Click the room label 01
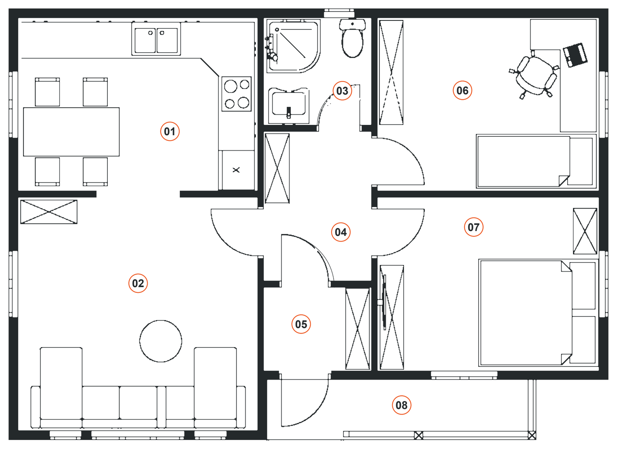pos(170,131)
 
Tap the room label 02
pos(138,283)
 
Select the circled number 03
pos(342,91)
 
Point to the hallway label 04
pos(341,232)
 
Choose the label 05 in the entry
pos(301,324)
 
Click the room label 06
pos(462,90)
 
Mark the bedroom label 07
pos(474,227)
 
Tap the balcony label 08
pos(401,405)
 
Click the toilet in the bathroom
pos(352,38)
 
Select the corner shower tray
pos(294,46)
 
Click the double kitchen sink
pos(156,39)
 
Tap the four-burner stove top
pos(237,94)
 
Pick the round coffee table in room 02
pos(160,341)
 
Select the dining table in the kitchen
pos(71,132)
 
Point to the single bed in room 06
pos(537,161)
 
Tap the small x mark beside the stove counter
pos(236,170)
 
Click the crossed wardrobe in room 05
pos(357,329)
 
